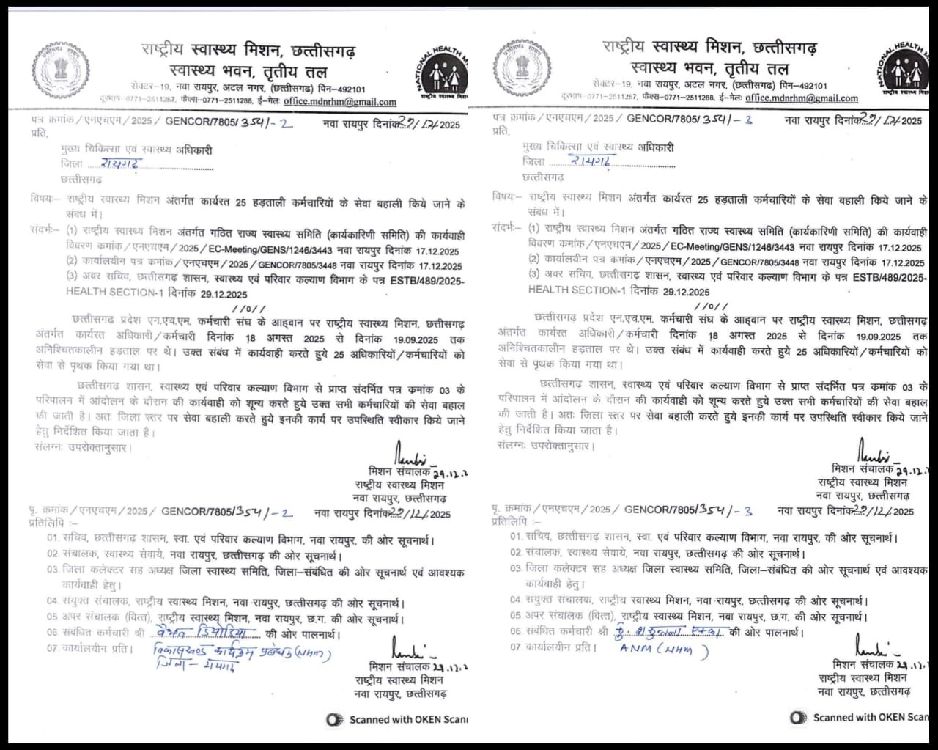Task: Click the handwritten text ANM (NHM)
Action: tap(663, 649)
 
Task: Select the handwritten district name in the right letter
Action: tap(594, 161)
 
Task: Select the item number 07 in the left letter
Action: tap(52, 649)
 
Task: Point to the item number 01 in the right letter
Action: tap(517, 537)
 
